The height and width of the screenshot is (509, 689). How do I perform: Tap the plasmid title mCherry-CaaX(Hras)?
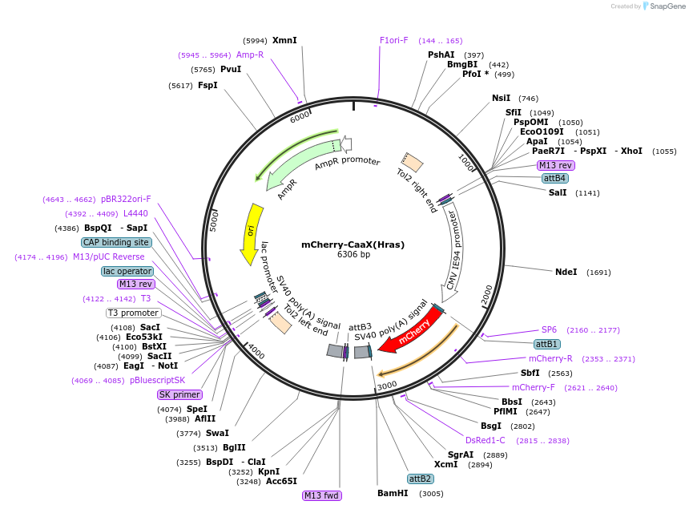tap(353, 244)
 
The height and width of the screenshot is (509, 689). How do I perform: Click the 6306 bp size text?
tap(353, 255)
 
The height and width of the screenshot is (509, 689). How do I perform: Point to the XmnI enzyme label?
tap(284, 40)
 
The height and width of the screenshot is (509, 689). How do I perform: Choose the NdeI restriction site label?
tap(566, 272)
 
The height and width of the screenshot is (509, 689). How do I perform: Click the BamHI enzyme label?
tap(393, 493)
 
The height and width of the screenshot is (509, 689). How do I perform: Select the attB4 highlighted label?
tap(554, 178)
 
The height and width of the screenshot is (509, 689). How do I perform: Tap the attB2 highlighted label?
tap(421, 479)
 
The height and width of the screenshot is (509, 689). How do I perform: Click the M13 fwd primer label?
tap(322, 495)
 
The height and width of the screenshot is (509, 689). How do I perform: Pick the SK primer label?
tap(179, 394)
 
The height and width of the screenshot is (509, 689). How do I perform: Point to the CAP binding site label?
tap(116, 242)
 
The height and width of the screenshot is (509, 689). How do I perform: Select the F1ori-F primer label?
tap(394, 40)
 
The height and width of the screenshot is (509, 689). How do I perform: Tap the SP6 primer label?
tap(549, 329)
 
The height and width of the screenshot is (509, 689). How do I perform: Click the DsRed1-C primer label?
tap(486, 440)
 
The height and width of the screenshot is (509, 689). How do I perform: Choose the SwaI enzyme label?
tap(217, 433)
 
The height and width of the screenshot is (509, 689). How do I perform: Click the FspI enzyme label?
tap(208, 85)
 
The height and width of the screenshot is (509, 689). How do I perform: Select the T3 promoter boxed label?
tap(133, 313)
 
